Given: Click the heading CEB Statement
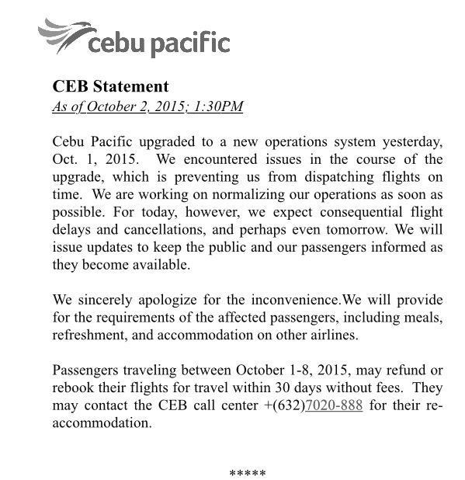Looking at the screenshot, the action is [109, 86].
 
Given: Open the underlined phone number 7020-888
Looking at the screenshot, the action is [335, 405].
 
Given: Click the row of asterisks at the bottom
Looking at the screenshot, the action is [248, 473].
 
